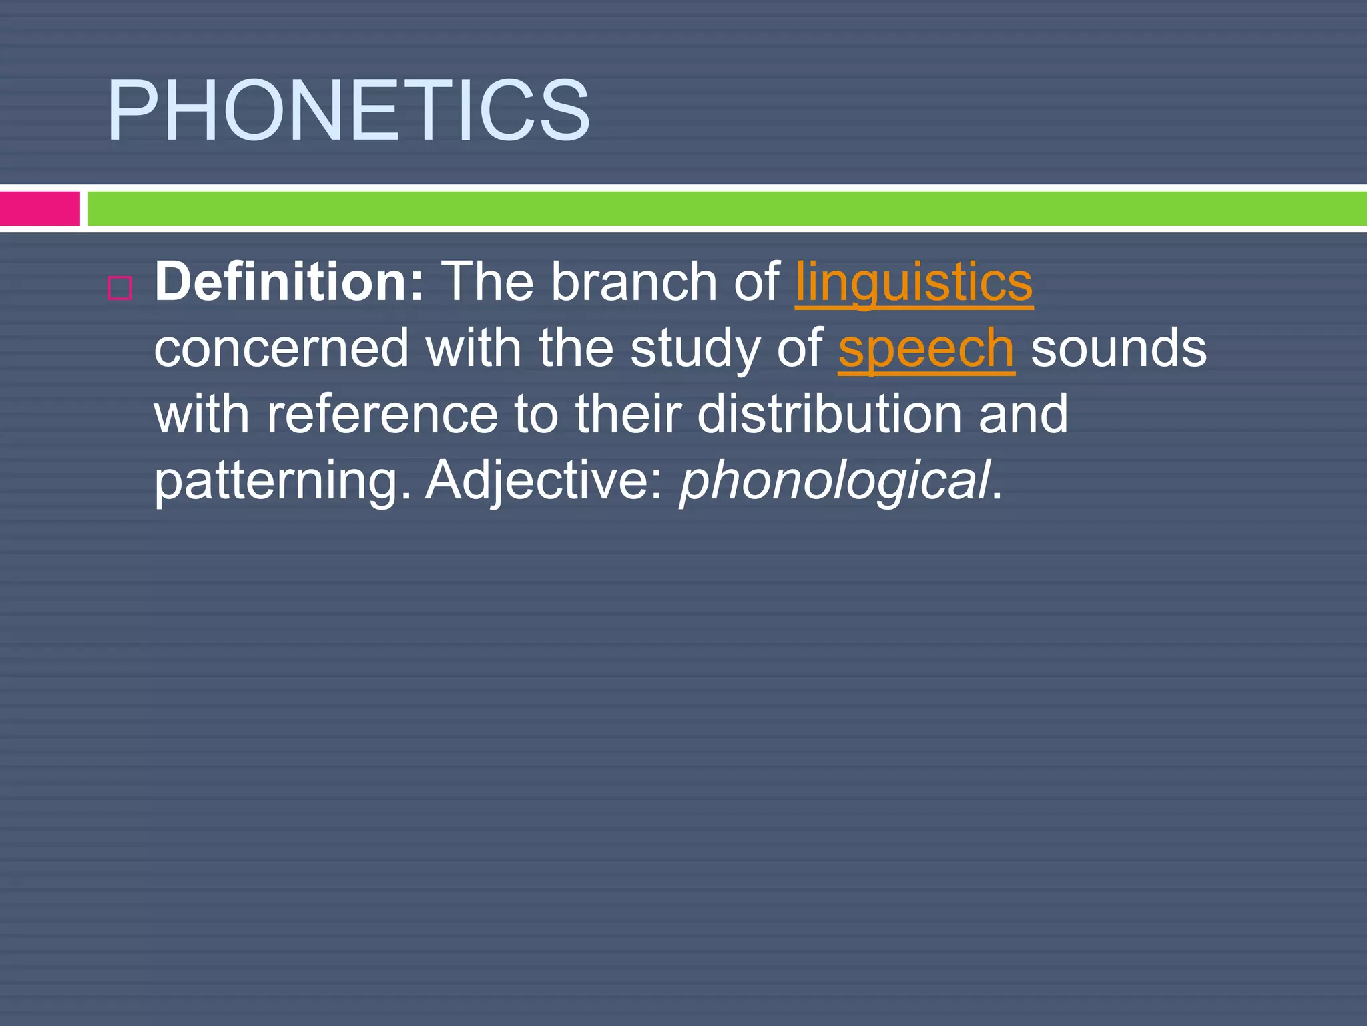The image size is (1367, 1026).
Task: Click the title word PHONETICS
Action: pyautogui.click(x=348, y=112)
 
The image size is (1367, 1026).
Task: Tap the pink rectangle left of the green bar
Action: pyautogui.click(x=40, y=208)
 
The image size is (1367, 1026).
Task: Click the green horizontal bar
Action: pyautogui.click(x=726, y=208)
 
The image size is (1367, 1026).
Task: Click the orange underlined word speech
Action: pyautogui.click(x=926, y=349)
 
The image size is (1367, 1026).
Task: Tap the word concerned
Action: pyautogui.click(x=281, y=349)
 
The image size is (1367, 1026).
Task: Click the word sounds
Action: pyautogui.click(x=1119, y=349)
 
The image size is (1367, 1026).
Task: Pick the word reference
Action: pyautogui.click(x=382, y=414)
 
